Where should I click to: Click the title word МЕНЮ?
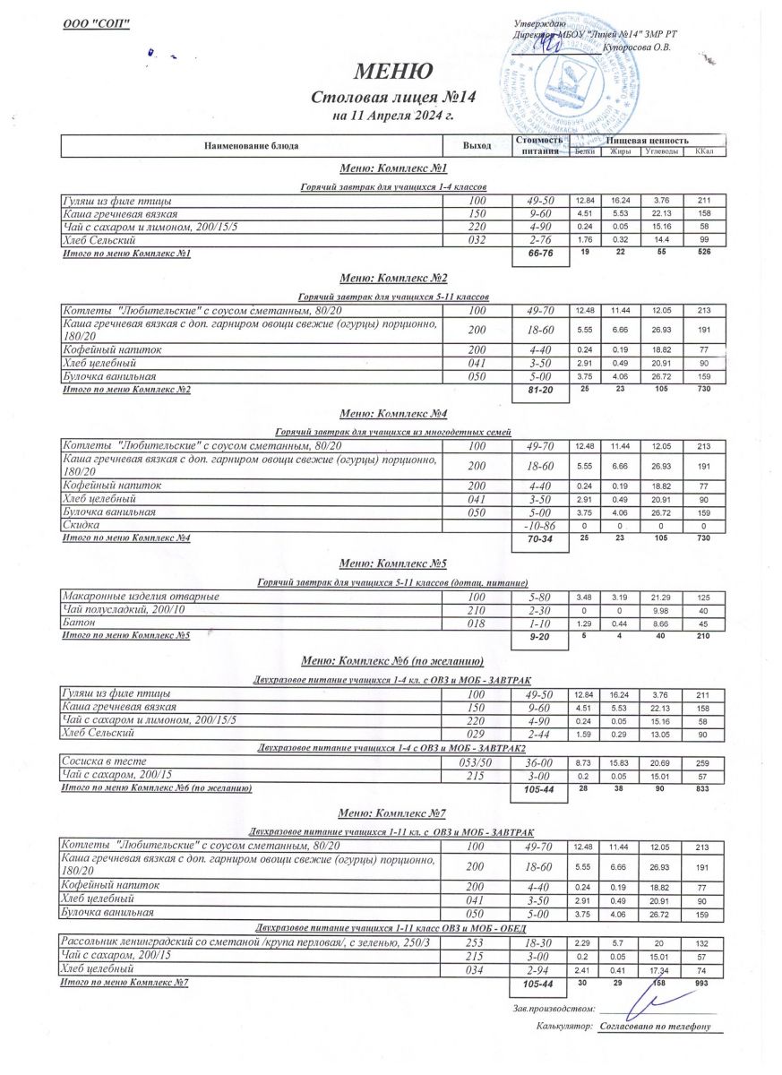395,70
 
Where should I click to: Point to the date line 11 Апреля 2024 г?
394,116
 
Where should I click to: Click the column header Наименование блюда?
252,145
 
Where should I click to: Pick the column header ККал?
703,151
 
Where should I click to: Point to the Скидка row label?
81,523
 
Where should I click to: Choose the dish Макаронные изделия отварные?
141,596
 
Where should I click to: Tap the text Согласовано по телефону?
655,1027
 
